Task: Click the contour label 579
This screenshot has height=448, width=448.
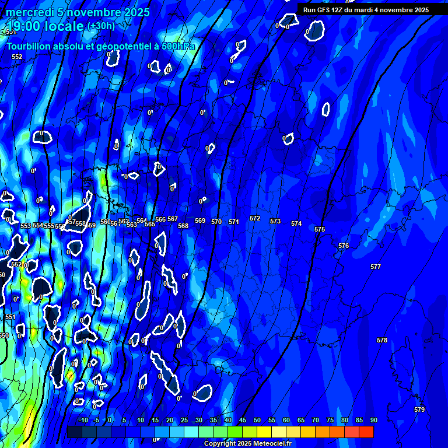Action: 419,409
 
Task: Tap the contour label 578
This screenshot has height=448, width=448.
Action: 382,340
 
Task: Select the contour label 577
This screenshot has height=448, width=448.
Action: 376,267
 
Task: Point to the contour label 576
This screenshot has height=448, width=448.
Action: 344,246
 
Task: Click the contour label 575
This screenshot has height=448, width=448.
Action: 320,229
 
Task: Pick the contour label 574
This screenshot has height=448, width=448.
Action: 296,223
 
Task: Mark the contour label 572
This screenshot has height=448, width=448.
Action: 255,218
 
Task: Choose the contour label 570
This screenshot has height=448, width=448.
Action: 216,222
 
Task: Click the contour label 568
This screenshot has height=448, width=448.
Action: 183,226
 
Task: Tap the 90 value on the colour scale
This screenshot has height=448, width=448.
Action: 373,420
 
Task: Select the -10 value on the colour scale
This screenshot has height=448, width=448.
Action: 83,420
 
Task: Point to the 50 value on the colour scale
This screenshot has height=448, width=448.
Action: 257,420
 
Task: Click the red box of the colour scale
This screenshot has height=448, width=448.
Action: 366,432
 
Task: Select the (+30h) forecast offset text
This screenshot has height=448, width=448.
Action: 101,26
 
